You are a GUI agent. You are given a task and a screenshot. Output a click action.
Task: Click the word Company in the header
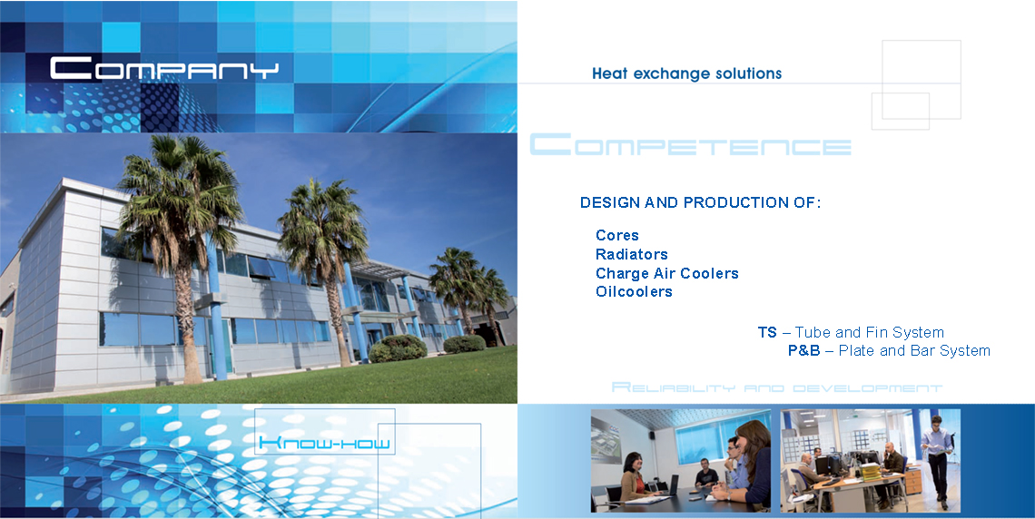[x=164, y=69]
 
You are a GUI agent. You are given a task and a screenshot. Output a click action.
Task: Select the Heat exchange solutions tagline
[x=686, y=73]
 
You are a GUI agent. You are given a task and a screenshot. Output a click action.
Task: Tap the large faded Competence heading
[x=690, y=144]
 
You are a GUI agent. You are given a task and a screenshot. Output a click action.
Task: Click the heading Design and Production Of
[x=700, y=202]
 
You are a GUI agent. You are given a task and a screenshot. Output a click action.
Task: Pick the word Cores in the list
[x=617, y=235]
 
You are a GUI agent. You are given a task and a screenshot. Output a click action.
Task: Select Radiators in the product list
[x=632, y=255]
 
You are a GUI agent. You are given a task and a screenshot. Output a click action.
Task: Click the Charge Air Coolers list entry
[x=666, y=273]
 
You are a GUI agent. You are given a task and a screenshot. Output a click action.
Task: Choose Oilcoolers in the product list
[x=634, y=291]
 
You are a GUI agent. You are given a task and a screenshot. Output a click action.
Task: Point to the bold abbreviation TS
[x=767, y=332]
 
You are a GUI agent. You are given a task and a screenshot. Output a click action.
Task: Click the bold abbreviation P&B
[x=804, y=351]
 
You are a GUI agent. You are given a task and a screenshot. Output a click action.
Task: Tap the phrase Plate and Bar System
[x=914, y=351]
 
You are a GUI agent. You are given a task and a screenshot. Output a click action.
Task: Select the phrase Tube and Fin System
[x=870, y=332]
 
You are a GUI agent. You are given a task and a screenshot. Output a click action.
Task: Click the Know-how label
[x=324, y=443]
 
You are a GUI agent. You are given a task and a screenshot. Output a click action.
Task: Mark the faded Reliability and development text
[x=777, y=387]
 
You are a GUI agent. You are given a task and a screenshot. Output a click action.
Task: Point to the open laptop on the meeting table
[x=668, y=486]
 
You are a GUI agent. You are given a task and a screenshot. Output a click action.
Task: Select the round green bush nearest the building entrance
[x=398, y=348]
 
